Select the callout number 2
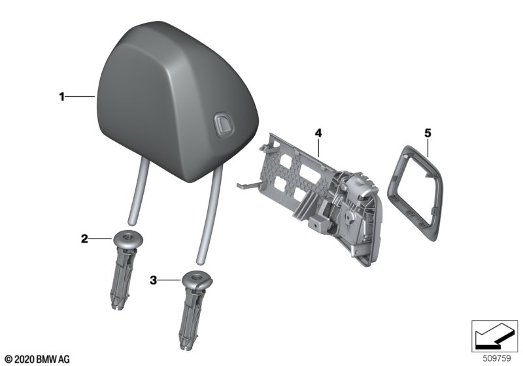pos(84,239)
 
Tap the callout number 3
pos(153,280)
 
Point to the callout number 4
pos(318,133)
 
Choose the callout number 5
pos(428,133)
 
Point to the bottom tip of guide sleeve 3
pos(184,348)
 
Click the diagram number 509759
pos(497,359)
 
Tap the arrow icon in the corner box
pos(494,338)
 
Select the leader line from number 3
pos(169,280)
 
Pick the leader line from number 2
pos(101,239)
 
